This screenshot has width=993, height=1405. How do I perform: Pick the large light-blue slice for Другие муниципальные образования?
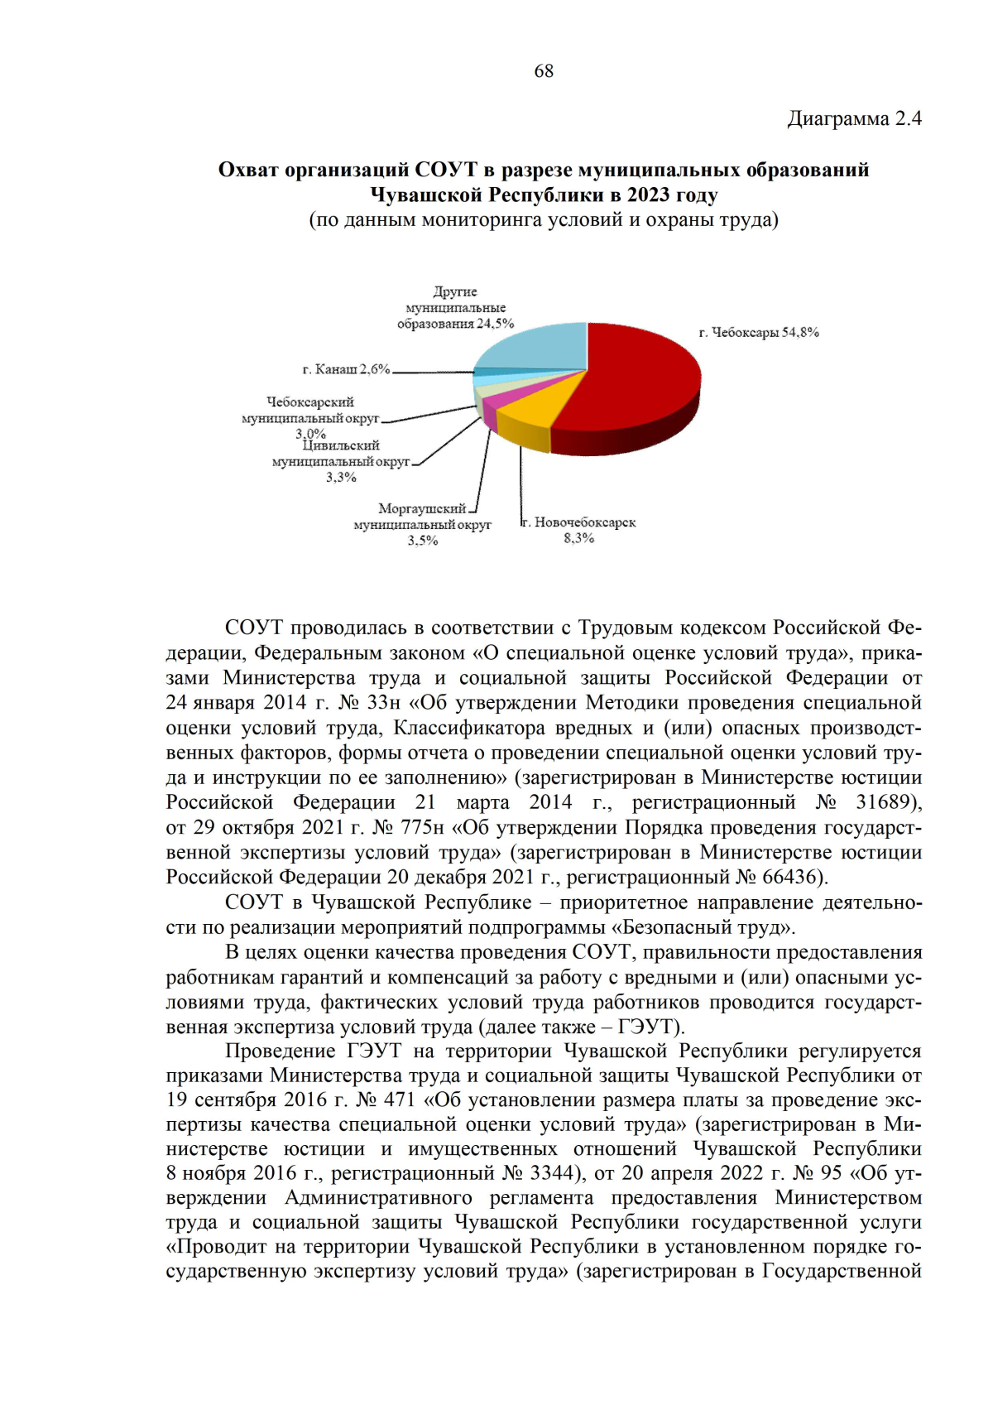click(538, 348)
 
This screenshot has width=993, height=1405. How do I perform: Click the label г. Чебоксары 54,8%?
click(759, 333)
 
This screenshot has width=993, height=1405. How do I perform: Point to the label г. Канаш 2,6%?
click(346, 369)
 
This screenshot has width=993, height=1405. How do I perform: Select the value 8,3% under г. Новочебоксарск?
click(578, 539)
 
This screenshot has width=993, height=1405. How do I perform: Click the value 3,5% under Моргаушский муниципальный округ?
click(422, 541)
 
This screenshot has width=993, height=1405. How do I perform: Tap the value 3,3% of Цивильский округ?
click(341, 478)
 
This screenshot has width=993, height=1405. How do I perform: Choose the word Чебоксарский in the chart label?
click(310, 402)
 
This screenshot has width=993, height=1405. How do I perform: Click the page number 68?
click(544, 71)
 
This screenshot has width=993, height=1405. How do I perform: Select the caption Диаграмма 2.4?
click(854, 119)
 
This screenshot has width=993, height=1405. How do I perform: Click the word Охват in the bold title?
click(247, 171)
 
